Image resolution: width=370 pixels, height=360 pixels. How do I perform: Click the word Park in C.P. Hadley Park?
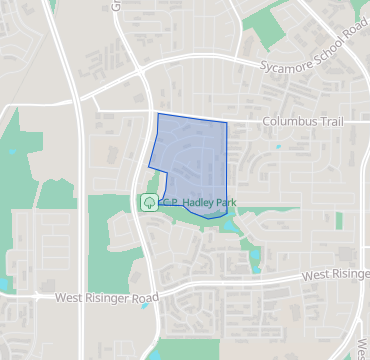(225, 203)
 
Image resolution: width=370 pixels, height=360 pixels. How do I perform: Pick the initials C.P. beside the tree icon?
(168, 203)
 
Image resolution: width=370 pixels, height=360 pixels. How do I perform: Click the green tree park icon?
(149, 202)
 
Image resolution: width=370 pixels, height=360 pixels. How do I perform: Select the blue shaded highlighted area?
(192, 160)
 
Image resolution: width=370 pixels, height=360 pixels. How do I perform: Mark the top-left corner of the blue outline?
(159, 114)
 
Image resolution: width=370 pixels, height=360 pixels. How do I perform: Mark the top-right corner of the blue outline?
(227, 123)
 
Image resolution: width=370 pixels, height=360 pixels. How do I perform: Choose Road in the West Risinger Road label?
(144, 298)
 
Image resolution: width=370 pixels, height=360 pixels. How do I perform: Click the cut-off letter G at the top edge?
(116, 5)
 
